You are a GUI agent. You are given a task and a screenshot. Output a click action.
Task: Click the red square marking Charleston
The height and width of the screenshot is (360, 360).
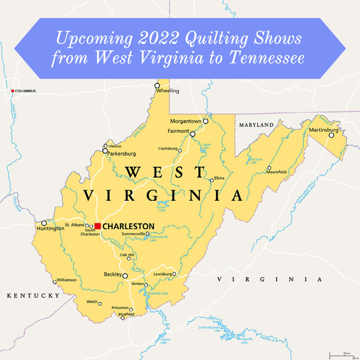[97, 226]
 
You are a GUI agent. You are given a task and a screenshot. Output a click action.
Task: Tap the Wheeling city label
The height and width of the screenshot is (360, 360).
[168, 91]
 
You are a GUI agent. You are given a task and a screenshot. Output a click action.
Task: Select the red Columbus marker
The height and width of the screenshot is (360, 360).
[13, 91]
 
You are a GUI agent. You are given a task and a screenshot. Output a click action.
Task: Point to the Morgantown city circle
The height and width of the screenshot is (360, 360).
[206, 121]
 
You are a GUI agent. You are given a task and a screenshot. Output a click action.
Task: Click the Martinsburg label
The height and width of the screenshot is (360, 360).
[324, 130]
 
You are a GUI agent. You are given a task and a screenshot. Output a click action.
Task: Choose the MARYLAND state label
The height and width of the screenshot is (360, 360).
[256, 125]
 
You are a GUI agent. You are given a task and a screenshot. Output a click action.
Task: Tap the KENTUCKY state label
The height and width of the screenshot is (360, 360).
[33, 295]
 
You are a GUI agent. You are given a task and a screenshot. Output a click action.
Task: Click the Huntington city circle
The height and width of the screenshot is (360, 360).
[44, 223]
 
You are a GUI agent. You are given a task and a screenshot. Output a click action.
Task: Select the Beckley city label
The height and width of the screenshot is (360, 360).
[113, 274]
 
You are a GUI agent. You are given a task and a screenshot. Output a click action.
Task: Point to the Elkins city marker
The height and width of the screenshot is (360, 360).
[212, 180]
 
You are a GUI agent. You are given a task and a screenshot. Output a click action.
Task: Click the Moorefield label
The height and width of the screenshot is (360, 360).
[276, 172]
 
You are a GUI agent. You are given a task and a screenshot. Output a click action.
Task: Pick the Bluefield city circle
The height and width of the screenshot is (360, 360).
[123, 318]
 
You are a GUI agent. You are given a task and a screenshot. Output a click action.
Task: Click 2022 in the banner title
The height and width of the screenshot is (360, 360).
[159, 39]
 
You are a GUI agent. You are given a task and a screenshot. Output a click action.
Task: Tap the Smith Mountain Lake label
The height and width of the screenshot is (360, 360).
[209, 329]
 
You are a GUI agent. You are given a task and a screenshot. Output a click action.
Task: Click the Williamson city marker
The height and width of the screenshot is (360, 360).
[55, 282]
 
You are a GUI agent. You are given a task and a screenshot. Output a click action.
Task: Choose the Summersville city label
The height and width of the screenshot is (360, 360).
[133, 234]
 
